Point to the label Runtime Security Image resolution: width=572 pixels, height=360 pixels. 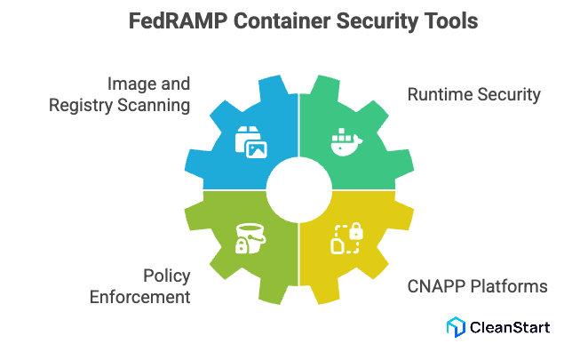[x=473, y=95]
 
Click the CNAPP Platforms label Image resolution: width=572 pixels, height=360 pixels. [x=477, y=286]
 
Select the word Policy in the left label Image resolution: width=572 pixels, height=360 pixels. [x=167, y=276]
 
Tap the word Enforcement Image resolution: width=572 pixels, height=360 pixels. [x=140, y=297]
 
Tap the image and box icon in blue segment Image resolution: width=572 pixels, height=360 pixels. [x=250, y=142]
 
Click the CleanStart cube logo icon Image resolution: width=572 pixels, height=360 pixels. [x=457, y=326]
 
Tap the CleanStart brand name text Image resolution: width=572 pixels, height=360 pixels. [x=510, y=326]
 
